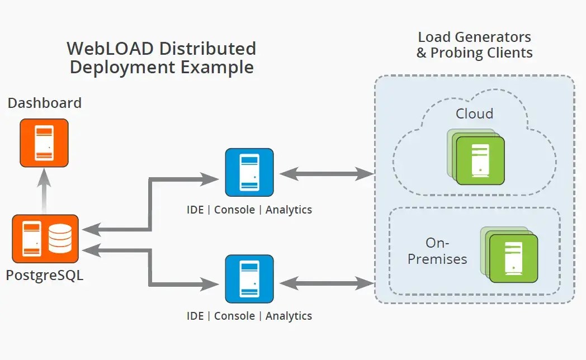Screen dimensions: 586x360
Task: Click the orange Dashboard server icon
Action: click(44, 143)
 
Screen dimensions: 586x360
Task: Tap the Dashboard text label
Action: click(45, 103)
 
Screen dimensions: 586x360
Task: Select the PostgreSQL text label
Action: click(45, 275)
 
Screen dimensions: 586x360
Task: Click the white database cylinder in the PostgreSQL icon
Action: click(60, 239)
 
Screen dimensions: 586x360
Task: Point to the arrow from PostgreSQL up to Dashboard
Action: click(45, 191)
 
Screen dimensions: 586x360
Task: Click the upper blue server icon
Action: click(249, 173)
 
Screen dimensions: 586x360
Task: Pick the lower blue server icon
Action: click(249, 279)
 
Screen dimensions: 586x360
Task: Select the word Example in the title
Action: click(217, 67)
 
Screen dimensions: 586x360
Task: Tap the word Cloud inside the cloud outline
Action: click(474, 113)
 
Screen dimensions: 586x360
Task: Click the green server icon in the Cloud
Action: click(476, 157)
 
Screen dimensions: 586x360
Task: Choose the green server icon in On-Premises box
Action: click(509, 255)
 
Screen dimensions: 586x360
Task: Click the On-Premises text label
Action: click(437, 251)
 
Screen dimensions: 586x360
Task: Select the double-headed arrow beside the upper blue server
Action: click(327, 174)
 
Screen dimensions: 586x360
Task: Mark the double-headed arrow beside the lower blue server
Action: click(327, 283)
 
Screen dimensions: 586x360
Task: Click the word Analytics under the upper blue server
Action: click(289, 210)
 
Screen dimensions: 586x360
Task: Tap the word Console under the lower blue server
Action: click(234, 316)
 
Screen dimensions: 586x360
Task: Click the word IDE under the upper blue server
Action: click(195, 210)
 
